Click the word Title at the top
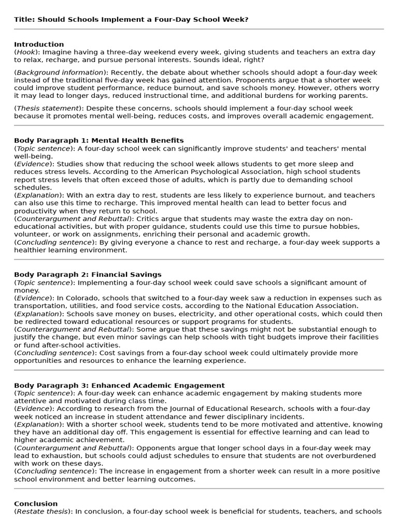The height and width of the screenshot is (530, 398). (24, 19)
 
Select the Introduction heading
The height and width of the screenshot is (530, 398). (39, 45)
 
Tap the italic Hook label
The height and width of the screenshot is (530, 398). (25, 52)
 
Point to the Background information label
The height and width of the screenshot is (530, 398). (60, 72)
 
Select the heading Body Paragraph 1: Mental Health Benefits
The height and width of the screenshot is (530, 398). (98, 140)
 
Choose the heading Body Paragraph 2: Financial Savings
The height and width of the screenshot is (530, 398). (88, 274)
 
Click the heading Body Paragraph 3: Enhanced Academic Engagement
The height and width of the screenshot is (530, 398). (119, 385)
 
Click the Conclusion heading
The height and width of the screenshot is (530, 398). (36, 504)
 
